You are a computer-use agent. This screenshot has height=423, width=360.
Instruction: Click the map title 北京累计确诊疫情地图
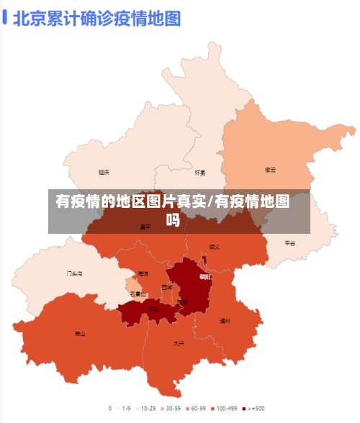pos(97,18)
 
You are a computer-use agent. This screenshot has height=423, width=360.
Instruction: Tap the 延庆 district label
pos(104,172)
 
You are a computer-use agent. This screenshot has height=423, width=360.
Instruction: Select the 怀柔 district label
pos(200,173)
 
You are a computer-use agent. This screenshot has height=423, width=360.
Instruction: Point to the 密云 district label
pos(271,170)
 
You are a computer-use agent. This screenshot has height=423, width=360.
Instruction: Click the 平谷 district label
pos(289,243)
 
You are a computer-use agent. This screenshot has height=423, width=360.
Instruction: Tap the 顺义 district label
pos(214,247)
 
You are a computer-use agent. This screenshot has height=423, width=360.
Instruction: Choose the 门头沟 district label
pos(75,274)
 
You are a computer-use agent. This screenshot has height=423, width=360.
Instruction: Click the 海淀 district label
pos(143,274)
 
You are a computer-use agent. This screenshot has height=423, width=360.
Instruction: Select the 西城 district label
pos(167,287)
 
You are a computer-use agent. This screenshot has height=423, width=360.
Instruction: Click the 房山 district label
pos(80,334)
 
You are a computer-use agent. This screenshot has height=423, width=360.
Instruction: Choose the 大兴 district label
pos(179,343)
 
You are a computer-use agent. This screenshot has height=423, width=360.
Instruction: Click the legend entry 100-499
pos(223,409)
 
